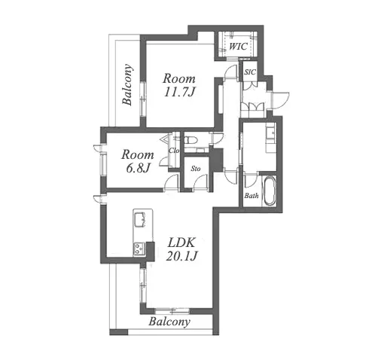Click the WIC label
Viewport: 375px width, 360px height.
(238, 47)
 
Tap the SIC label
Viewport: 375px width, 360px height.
(250, 72)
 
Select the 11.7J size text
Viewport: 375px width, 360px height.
(179, 92)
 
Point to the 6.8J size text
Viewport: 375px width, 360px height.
(138, 168)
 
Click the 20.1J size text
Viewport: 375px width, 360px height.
(181, 256)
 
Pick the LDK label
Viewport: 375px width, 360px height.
(181, 243)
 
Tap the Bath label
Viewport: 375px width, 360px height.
(252, 195)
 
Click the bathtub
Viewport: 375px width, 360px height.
(270, 191)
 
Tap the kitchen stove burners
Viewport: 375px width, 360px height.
(139, 249)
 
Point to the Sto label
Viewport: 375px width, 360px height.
(196, 169)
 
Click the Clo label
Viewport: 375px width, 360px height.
(174, 151)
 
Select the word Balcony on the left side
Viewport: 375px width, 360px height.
(127, 84)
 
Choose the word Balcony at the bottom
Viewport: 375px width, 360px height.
(169, 322)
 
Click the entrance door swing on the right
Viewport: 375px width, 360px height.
(281, 100)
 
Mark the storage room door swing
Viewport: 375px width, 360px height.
(200, 182)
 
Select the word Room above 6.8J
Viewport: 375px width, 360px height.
(138, 154)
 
